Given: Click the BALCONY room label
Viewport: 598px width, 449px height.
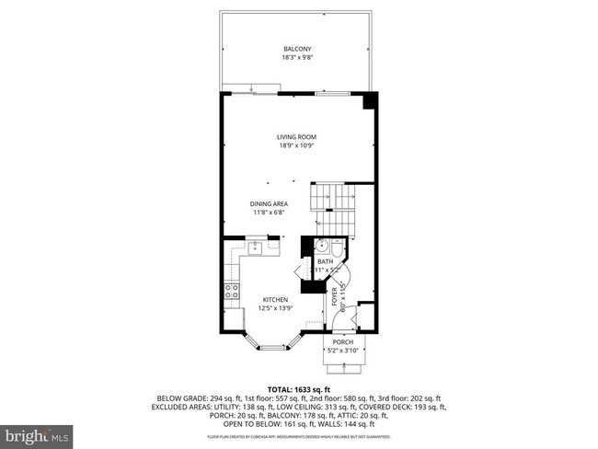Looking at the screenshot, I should click(297, 49).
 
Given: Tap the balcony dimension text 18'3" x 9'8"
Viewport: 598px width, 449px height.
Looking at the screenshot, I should click(297, 57).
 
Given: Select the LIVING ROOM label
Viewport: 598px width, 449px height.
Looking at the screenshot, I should click(296, 137).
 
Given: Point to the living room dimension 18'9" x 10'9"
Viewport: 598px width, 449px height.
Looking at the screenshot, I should click(296, 145).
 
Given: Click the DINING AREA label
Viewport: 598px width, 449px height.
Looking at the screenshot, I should click(270, 203).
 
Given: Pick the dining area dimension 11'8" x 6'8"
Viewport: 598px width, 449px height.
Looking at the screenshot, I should click(270, 213).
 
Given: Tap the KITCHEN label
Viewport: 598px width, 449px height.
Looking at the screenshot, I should click(275, 299).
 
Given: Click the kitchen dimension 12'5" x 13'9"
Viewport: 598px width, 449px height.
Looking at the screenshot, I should click(275, 308).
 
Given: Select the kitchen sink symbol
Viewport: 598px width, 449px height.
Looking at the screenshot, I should click(250, 247).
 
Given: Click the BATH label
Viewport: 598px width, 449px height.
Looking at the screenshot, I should click(325, 262).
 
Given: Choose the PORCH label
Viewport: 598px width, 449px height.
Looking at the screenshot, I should click(342, 341).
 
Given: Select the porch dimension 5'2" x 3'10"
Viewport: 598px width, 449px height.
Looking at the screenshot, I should click(342, 351).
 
